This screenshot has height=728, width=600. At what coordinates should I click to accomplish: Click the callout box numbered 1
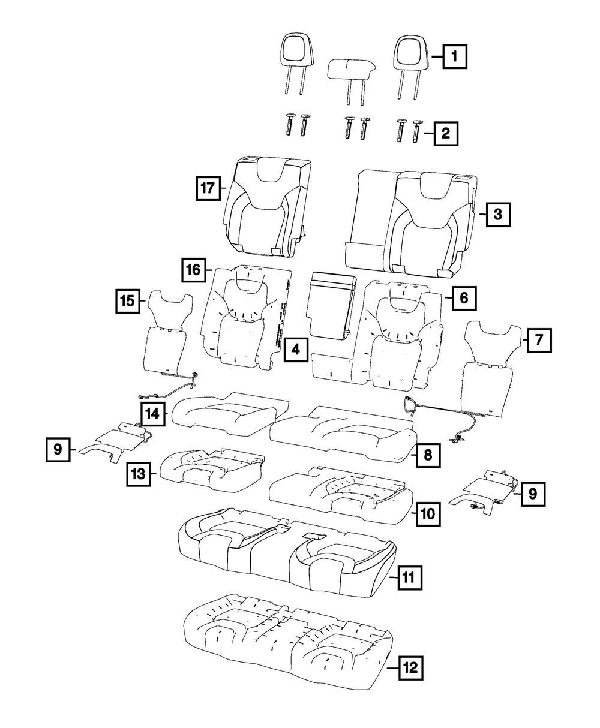pos(455,58)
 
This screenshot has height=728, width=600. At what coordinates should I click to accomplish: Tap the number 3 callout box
pos(498,213)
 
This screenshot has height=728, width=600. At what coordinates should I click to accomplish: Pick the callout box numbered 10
pos(427,513)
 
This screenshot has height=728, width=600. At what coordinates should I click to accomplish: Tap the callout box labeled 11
pos(409,577)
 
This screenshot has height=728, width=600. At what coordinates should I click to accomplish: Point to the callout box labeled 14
pos(154,413)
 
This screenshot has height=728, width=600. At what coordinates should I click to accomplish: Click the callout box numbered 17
pos(208,188)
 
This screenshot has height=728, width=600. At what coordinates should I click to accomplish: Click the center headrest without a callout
pos(352,70)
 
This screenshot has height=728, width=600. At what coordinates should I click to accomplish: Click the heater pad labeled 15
pos(166,336)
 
